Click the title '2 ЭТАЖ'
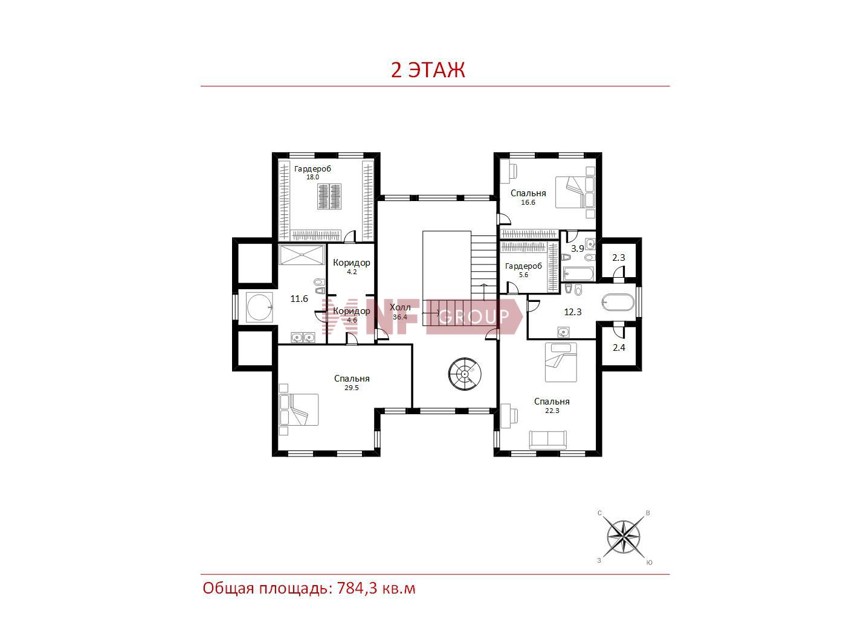point(428,70)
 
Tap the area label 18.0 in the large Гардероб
point(312,177)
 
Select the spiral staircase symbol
point(465,374)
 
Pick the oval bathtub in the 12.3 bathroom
point(618,303)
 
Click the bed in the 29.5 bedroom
point(299,409)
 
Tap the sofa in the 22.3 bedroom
point(547,440)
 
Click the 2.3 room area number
point(619,258)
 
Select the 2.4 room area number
point(619,348)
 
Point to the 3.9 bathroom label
point(577,249)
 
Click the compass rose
point(624,537)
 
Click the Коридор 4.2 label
point(352,266)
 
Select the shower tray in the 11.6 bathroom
point(302,255)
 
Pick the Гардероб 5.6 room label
point(523,270)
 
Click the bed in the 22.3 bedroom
point(561,362)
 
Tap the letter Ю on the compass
point(649,562)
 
